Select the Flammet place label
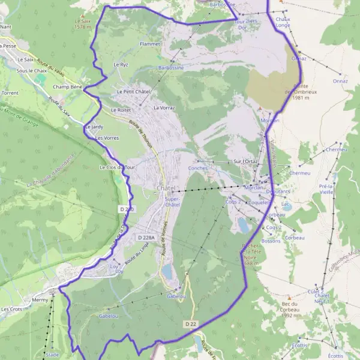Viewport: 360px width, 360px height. click(x=150, y=44)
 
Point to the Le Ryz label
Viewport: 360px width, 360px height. click(x=121, y=64)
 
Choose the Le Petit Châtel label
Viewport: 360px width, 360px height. click(x=133, y=91)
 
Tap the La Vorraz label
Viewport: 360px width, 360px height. click(x=164, y=108)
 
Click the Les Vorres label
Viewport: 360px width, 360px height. click(x=107, y=138)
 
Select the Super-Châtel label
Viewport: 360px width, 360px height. click(x=172, y=201)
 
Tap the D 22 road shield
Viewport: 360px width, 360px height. click(x=190, y=324)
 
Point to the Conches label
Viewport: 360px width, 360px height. click(x=198, y=168)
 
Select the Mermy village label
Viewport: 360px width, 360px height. click(x=40, y=298)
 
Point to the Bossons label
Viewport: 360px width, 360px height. click(x=271, y=241)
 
